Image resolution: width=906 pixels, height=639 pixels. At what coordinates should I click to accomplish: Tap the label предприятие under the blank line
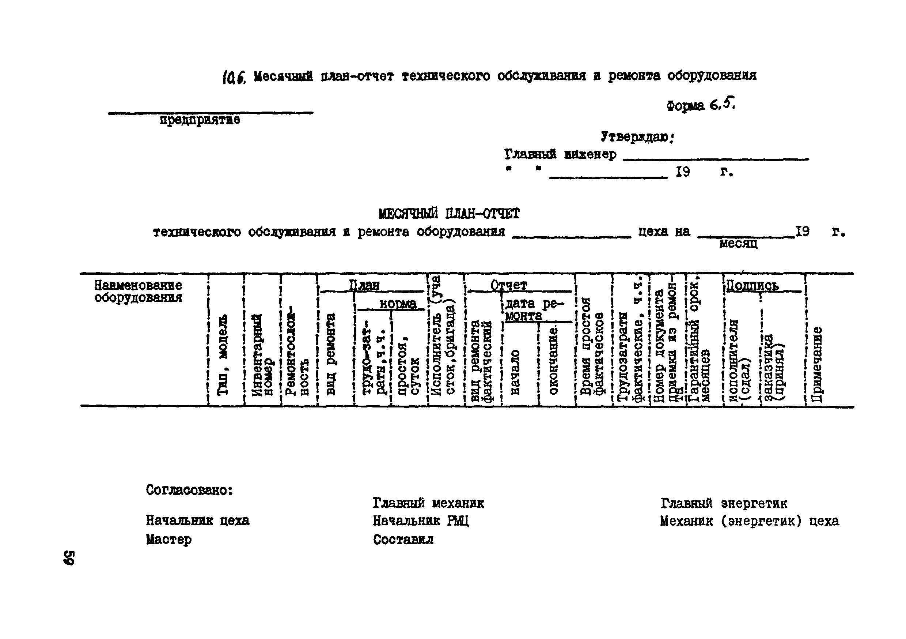(200, 119)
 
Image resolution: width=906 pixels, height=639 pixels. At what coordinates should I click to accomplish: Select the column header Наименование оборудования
(138, 291)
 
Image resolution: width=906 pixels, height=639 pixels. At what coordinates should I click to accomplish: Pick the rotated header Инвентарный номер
(262, 354)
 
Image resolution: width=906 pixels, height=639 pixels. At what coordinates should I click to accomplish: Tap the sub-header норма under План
(398, 304)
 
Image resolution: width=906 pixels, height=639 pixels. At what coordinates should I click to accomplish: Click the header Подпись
(753, 285)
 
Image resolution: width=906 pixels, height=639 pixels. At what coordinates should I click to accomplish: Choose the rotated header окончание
(554, 360)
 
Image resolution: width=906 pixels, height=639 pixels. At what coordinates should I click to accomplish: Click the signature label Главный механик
(428, 503)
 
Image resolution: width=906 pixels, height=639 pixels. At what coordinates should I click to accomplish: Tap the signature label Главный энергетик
(724, 503)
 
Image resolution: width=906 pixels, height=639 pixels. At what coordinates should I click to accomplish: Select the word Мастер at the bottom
(168, 539)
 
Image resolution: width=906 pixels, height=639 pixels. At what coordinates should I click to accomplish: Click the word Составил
(403, 539)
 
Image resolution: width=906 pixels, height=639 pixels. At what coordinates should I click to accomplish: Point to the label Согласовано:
(189, 490)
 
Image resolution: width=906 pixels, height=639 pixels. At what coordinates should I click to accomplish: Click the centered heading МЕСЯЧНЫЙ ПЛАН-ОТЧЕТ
(449, 214)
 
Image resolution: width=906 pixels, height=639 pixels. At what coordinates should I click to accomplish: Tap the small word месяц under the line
(738, 244)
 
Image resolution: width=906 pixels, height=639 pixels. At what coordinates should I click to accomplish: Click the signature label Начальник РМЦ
(421, 521)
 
